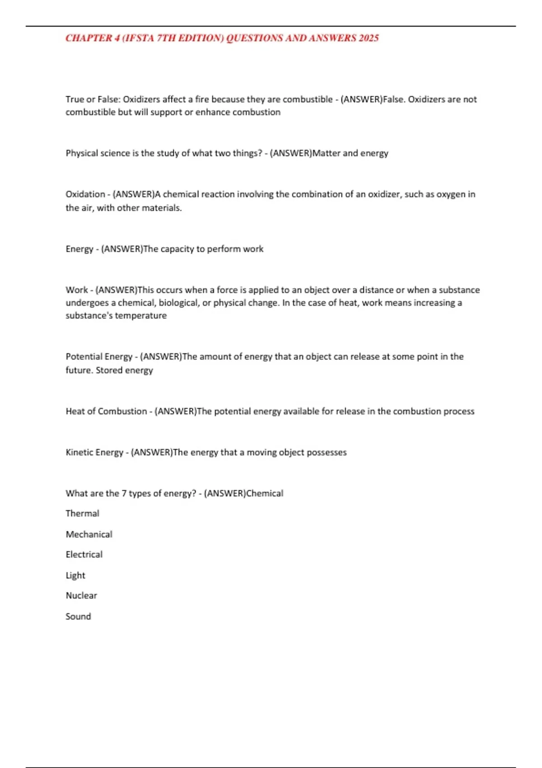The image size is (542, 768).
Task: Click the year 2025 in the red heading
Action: coord(369,38)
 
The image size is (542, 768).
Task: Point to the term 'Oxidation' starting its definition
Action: coord(85,194)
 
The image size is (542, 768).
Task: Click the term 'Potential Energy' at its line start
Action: coord(99,356)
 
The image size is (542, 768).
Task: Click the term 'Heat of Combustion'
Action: coord(106,411)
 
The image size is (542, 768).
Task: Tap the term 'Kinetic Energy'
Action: coord(94,452)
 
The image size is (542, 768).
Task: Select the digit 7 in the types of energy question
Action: coord(124,493)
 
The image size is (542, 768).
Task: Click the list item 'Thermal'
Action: coord(82,513)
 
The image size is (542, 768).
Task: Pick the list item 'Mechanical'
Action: coord(89,534)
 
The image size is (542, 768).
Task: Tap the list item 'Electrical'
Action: coord(84,554)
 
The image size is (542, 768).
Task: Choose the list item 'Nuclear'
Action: coord(81,595)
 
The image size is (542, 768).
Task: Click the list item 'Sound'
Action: coord(78,616)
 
